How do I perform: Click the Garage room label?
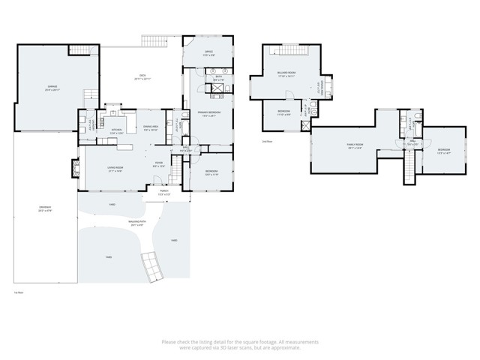coord(53,88)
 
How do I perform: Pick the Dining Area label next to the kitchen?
coord(151,127)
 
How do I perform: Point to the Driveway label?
coord(45,209)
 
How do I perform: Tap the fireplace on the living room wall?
coord(74,169)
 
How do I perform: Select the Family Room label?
coord(354,146)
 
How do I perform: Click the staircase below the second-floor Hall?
coord(409,169)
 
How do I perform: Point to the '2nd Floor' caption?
coord(266,140)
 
